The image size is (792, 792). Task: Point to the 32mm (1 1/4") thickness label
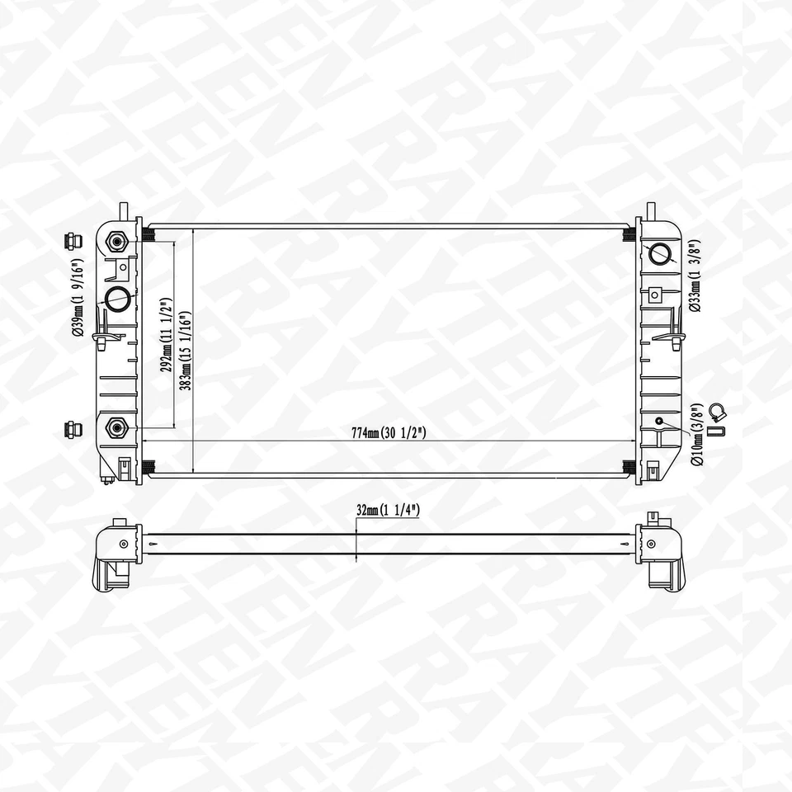pos(388,511)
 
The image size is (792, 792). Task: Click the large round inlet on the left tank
pos(117,297)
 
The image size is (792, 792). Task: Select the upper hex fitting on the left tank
pos(115,242)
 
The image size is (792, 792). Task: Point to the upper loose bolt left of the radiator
pos(72,242)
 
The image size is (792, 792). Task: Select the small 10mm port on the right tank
pos(659,422)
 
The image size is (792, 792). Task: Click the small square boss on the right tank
pos(656,294)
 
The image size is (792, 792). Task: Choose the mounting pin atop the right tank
pos(650,208)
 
